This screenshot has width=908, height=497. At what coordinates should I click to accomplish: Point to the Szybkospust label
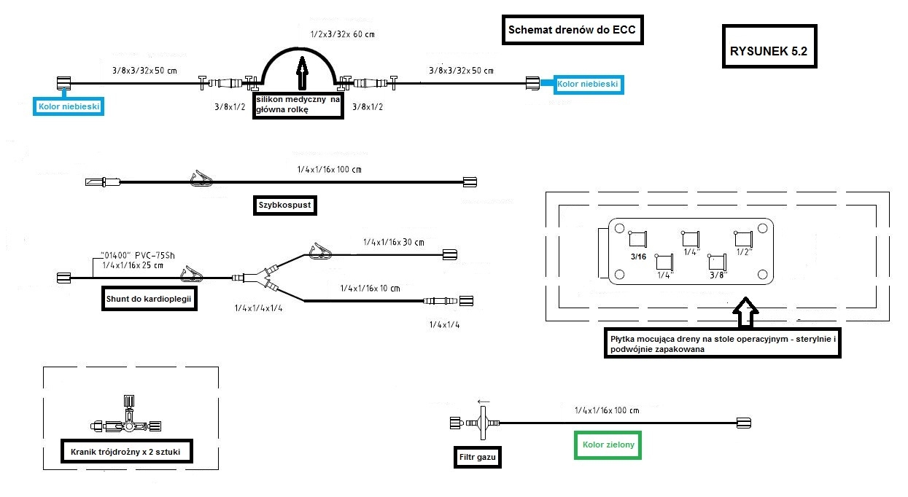click(x=284, y=206)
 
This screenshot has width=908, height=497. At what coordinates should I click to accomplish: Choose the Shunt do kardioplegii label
click(x=150, y=299)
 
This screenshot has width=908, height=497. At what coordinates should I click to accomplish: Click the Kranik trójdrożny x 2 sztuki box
click(x=125, y=452)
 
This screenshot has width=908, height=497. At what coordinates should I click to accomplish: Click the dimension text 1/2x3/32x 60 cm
click(x=343, y=34)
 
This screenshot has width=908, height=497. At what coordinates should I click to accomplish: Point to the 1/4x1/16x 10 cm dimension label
click(x=370, y=289)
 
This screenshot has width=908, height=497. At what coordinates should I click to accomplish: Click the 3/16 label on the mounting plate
click(x=639, y=257)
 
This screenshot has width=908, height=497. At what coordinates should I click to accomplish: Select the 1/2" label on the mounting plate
click(x=744, y=251)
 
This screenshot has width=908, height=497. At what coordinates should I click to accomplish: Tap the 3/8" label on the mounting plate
click(x=718, y=275)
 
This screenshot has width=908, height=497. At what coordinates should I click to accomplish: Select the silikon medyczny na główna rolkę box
click(x=298, y=104)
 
